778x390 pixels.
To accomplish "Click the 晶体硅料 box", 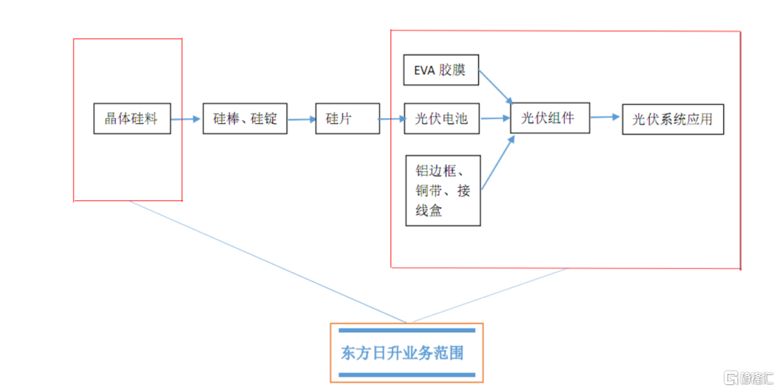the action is (132, 119).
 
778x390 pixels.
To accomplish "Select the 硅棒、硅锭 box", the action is (245, 119).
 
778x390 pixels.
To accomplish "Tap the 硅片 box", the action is (347, 119).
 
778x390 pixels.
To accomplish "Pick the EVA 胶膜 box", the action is (441, 70).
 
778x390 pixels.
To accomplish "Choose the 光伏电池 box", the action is (442, 119).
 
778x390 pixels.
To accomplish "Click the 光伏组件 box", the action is (550, 118).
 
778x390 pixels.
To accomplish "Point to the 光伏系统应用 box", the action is (673, 119).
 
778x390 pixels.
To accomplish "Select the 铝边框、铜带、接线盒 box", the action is (443, 191).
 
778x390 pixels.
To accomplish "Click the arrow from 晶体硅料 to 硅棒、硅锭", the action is (186, 119).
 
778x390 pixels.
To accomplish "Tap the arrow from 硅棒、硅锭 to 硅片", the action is (302, 119).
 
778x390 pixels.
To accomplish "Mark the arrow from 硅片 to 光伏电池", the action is (393, 119).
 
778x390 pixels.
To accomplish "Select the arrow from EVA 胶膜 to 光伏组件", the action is (496, 87).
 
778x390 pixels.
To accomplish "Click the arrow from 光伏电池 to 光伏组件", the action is (495, 119).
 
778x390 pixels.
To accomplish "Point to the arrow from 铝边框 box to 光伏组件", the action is (498, 163).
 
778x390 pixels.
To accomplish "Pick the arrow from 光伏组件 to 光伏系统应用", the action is (605, 117).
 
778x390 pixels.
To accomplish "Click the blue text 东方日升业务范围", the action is (402, 353).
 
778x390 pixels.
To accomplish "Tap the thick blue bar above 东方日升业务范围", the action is (407, 330).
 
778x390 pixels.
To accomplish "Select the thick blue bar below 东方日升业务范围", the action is (407, 375).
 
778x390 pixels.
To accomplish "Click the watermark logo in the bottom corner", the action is (748, 378).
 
